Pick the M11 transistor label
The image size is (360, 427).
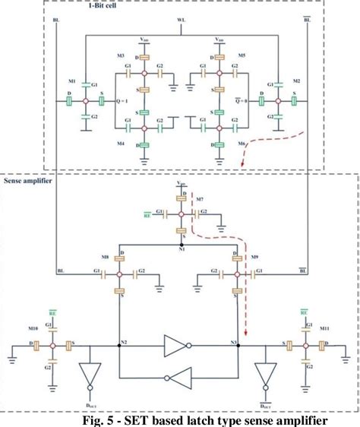point(324,328)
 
